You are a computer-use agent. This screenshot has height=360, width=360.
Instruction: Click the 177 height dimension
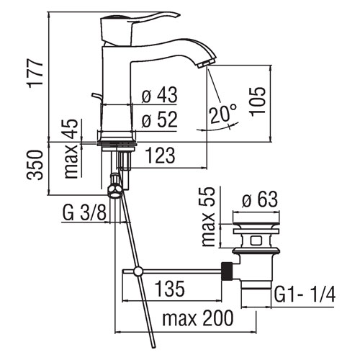[x=36, y=73]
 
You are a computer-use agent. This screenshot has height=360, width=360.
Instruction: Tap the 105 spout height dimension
[x=258, y=102]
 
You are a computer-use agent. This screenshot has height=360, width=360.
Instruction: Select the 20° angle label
[x=223, y=114]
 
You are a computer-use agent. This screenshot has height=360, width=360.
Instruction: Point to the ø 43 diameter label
[x=159, y=94]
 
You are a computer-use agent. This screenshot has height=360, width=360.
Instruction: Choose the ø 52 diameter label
[x=159, y=120]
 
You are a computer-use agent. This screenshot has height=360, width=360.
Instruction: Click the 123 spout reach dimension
[x=160, y=156]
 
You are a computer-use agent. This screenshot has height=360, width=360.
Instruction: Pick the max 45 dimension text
[x=71, y=148]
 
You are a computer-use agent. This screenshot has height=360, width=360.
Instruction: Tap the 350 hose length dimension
[x=35, y=165]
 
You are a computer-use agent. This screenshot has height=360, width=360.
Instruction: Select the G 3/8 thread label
[x=84, y=212]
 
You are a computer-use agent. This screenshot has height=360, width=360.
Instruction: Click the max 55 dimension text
[x=208, y=217]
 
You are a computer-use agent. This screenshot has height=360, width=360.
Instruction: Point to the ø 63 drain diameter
[x=260, y=199]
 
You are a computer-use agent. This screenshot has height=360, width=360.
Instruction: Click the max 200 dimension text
[x=198, y=318]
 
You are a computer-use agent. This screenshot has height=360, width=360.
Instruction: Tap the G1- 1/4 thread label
[x=305, y=294]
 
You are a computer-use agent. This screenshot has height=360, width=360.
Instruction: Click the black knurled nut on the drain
[x=227, y=271]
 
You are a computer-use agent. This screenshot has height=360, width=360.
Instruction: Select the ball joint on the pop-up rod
[x=138, y=271]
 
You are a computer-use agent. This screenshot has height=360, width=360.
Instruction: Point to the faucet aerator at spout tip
[x=204, y=63]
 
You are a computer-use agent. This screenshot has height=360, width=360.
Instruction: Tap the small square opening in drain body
[x=256, y=240]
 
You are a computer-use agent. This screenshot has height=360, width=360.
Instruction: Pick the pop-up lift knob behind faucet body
[x=96, y=96]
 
